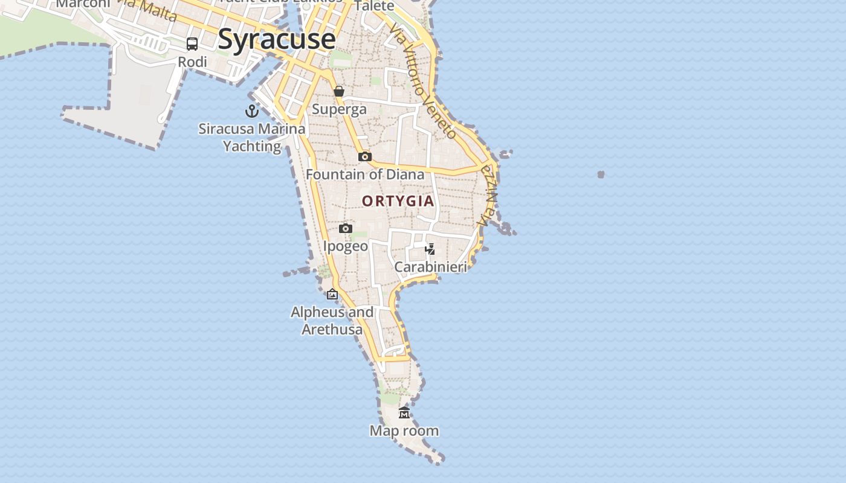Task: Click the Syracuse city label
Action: pos(276,39)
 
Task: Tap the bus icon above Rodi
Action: pos(192,43)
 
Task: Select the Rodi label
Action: pos(192,62)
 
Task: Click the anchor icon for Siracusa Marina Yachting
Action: pos(251,111)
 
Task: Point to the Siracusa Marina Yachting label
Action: pos(252,137)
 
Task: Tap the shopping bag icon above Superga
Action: pos(339,91)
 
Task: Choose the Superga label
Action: pos(339,109)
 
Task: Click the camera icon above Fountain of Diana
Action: pos(364,156)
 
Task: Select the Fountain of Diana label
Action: pos(365,174)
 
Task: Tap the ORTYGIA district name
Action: pos(398,201)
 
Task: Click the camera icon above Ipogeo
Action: pos(346,228)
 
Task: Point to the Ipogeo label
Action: pos(346,246)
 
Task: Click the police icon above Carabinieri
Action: pos(430,249)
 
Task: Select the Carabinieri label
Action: pos(430,267)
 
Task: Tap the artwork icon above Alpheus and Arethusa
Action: pos(332,294)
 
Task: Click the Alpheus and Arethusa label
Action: pos(332,321)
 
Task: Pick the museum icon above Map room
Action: pos(404,412)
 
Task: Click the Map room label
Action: pos(404,431)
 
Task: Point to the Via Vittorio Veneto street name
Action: pos(422,81)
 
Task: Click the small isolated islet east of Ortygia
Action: pos(601,174)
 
